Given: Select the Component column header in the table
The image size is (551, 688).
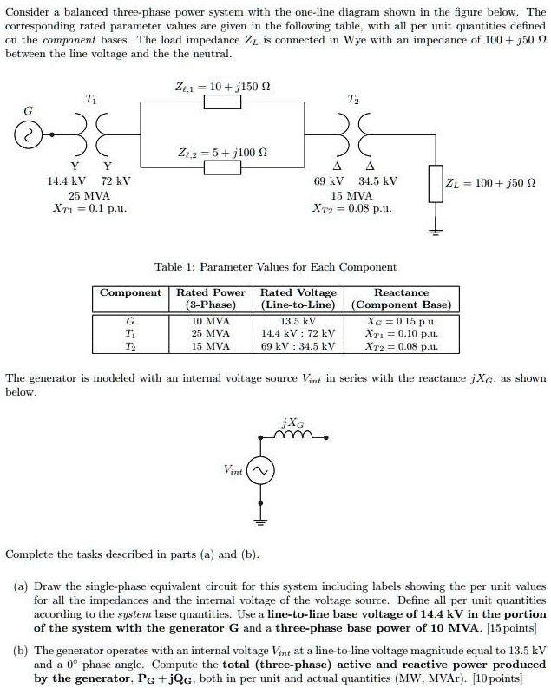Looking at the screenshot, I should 130,293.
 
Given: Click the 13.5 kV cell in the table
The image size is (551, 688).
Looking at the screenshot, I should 298,320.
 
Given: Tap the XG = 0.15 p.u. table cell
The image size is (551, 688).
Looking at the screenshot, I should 401,320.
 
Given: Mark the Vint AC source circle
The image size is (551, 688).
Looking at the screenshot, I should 260,471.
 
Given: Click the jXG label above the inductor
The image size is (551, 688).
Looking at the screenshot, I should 293,423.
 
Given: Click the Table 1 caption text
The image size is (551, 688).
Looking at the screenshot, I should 274,267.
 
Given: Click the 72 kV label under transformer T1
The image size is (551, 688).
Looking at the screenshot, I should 115,182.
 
